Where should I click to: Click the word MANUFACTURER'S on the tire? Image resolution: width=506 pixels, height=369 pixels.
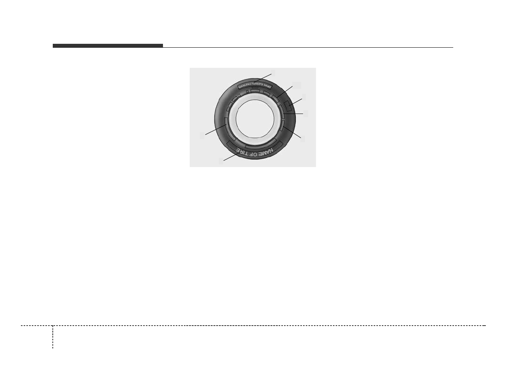251,86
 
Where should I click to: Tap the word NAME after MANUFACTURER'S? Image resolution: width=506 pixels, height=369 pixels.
267,86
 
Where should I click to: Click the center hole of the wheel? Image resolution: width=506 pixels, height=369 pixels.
255,119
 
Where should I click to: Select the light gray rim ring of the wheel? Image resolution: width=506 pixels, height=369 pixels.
233,119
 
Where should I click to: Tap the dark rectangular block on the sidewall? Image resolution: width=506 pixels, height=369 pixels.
288,106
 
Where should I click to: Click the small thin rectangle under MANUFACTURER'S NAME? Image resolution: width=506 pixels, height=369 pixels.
255,88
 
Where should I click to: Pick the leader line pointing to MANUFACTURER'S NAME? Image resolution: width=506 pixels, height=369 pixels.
262,78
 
